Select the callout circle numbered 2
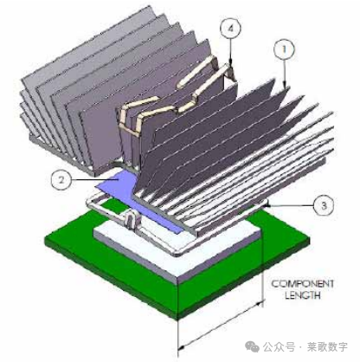[59, 181]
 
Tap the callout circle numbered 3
[320, 205]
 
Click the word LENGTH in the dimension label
[299, 296]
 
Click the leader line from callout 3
[290, 204]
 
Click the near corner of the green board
[178, 314]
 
